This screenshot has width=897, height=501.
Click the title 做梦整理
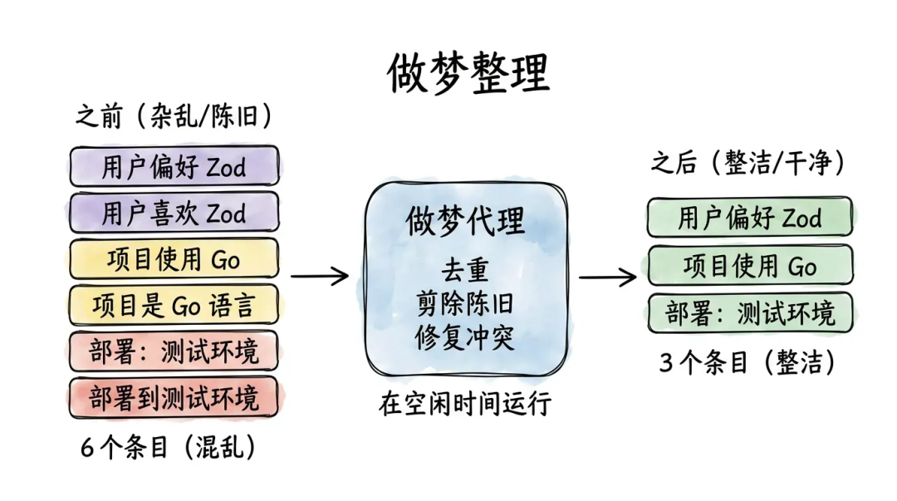tap(468, 74)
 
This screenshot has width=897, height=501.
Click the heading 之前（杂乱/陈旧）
tap(174, 117)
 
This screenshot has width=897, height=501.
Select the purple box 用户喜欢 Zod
tap(174, 214)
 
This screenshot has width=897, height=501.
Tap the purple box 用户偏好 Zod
tap(174, 167)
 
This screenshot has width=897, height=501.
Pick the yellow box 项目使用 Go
tap(174, 259)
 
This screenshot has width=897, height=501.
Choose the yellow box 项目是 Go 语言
tap(174, 306)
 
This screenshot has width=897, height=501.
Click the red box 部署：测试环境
tap(174, 351)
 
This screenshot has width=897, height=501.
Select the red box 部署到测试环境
tap(174, 397)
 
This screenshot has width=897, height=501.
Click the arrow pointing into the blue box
tap(320, 276)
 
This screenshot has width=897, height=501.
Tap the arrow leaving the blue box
tap(607, 276)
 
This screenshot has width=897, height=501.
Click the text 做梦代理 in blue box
tap(465, 222)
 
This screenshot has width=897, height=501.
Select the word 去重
tap(465, 271)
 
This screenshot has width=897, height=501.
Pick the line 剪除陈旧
tap(465, 304)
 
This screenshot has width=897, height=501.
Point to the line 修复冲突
tap(465, 337)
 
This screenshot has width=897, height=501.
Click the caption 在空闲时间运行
tap(465, 404)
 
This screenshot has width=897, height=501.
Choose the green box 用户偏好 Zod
tap(750, 219)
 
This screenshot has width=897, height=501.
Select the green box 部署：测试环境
tap(750, 313)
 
